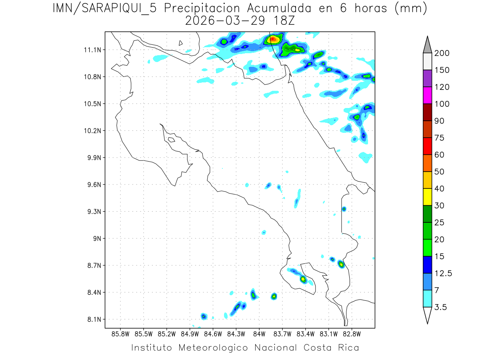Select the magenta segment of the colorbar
point(427,96)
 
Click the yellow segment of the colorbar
point(427,197)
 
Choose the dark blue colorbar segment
point(427,264)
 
